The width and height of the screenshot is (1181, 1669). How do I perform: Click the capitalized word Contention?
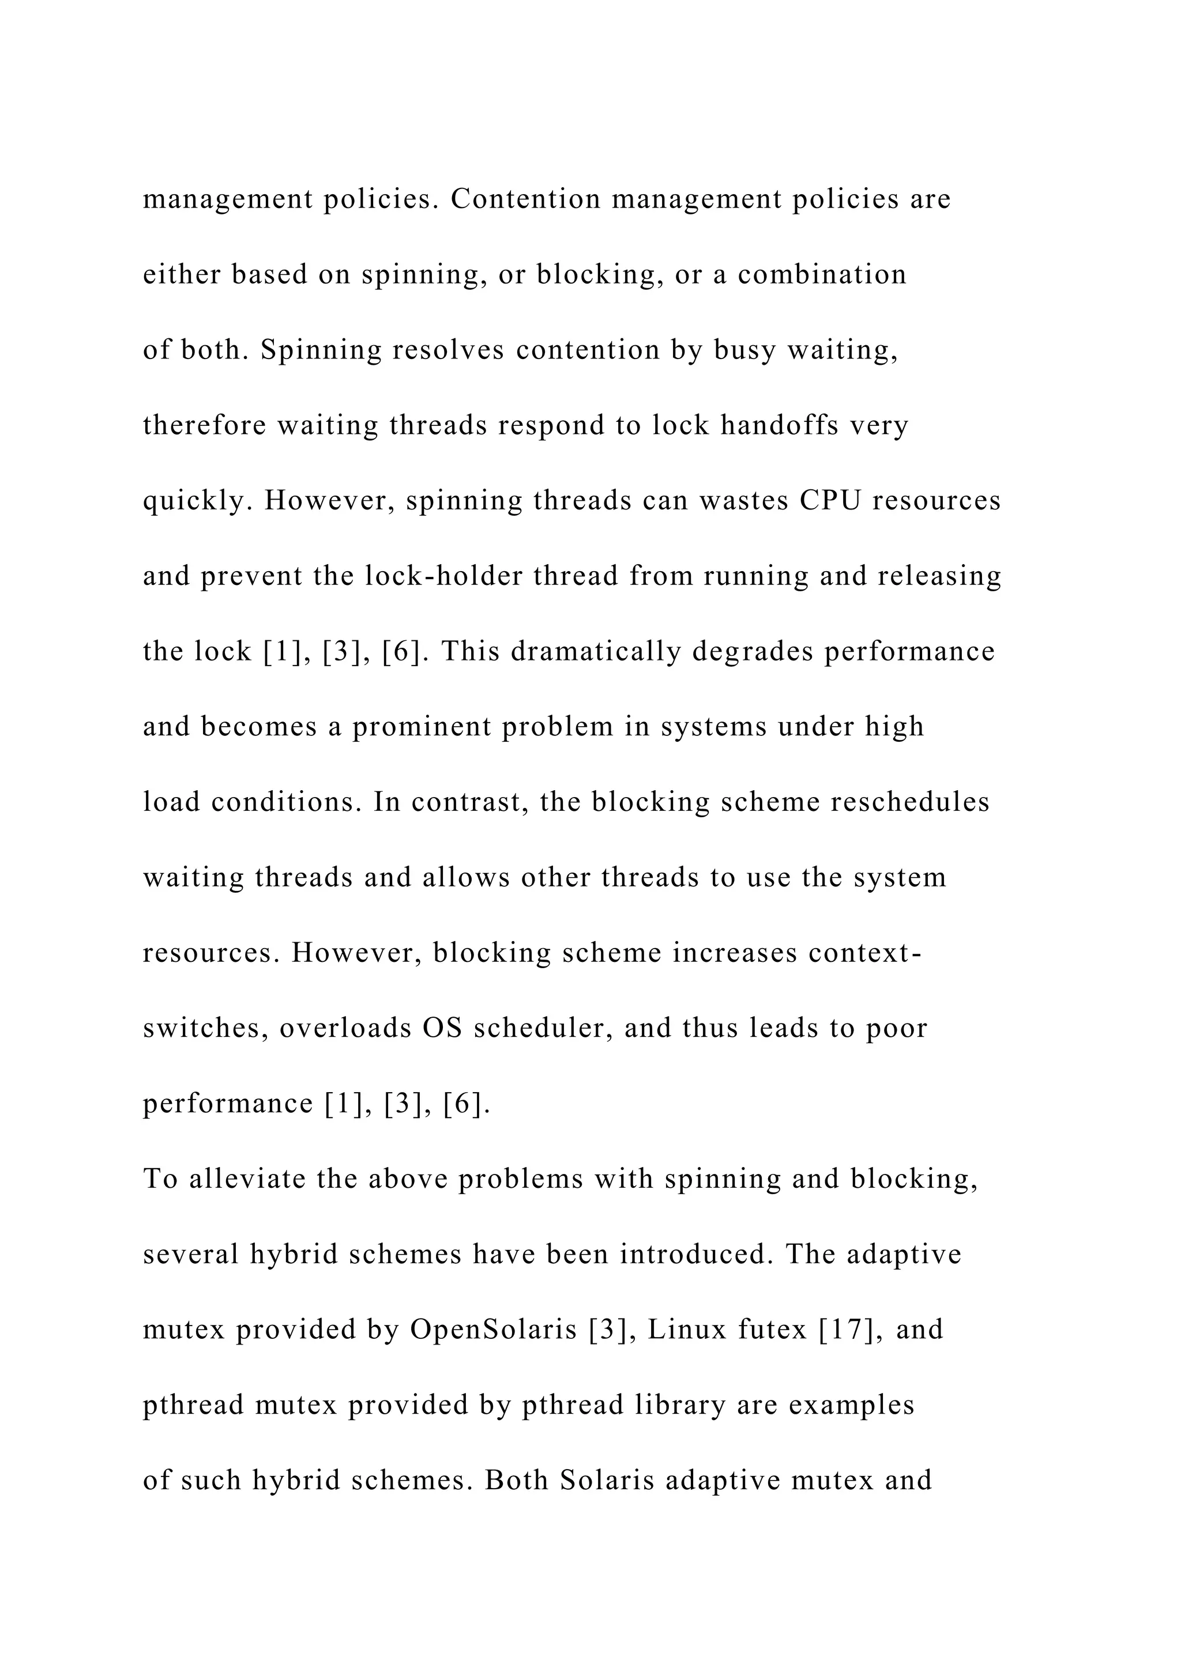tap(526, 199)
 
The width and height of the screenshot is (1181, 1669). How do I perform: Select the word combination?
tap(822, 275)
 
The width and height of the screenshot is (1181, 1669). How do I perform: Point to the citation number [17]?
tap(846, 1330)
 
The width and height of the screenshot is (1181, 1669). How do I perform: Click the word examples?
tap(852, 1404)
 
